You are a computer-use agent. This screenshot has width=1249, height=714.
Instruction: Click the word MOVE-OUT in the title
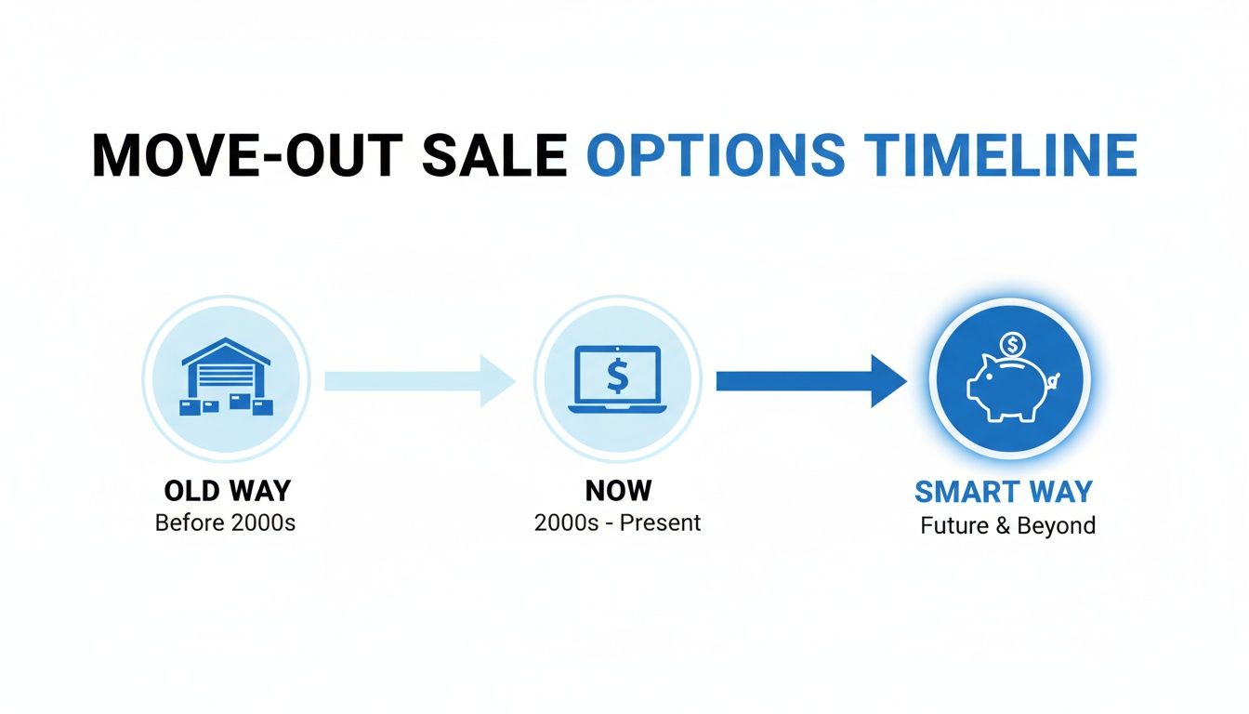tap(247, 155)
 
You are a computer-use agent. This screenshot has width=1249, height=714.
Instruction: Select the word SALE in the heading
tap(494, 155)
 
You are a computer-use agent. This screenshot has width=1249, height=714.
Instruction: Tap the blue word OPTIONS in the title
tap(716, 155)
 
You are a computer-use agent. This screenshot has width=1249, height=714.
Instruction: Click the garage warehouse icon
tap(227, 377)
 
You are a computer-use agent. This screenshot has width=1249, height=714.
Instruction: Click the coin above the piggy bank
tap(1013, 345)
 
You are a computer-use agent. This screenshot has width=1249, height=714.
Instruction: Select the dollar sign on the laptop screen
tap(618, 376)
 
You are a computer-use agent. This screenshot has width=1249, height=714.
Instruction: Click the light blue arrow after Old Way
tap(420, 381)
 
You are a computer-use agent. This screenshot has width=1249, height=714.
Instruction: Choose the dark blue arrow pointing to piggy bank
tap(811, 381)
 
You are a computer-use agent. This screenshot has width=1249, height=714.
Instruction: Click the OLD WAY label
tap(228, 491)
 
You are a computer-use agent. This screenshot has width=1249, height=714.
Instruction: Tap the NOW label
tap(618, 491)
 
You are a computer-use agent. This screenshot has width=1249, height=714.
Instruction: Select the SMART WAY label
tap(1004, 492)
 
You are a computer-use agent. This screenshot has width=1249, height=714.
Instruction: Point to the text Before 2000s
tap(225, 522)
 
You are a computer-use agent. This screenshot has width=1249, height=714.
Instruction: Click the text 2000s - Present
tap(617, 522)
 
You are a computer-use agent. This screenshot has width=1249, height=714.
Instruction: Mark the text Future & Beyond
tap(1007, 525)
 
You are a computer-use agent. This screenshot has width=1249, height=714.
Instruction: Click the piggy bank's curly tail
tap(1053, 381)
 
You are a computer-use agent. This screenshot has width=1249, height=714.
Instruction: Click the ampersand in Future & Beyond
tap(1003, 525)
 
